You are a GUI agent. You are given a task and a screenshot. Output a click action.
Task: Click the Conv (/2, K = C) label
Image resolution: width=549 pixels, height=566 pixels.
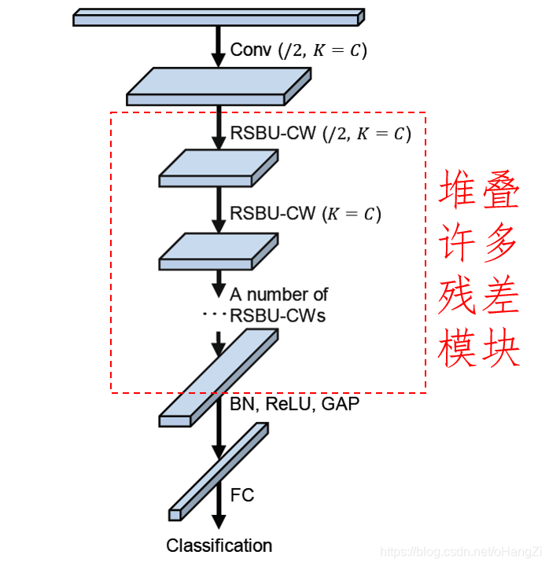click(298, 50)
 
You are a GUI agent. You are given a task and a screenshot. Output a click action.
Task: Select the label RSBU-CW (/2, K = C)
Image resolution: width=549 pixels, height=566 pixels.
click(320, 133)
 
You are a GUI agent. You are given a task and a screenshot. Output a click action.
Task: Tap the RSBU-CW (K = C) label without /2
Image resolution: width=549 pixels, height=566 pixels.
click(305, 214)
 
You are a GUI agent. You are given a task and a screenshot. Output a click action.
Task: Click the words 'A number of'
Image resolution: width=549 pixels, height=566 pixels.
click(278, 295)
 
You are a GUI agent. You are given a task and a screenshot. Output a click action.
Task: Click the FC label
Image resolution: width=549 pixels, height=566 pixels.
click(242, 495)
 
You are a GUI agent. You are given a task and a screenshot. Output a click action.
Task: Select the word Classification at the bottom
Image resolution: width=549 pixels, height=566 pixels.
click(219, 546)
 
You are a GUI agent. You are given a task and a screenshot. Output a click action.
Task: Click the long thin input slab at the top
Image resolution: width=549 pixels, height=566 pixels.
click(218, 17)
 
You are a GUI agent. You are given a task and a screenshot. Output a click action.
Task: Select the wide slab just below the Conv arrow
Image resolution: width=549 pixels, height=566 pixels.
click(218, 86)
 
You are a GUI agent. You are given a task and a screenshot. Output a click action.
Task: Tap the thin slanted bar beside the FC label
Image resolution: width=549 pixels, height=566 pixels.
click(219, 472)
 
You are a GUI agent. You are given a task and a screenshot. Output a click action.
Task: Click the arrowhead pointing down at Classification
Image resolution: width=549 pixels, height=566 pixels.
click(219, 521)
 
